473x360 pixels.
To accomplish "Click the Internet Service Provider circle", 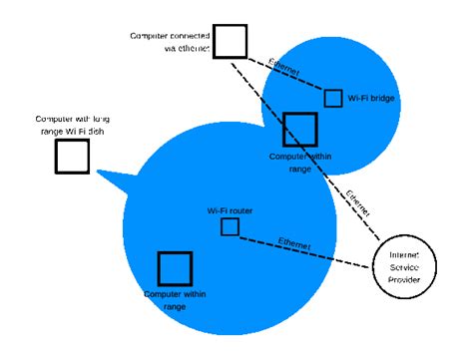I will pos(404,268).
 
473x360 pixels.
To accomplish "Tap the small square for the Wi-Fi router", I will pos(230,227).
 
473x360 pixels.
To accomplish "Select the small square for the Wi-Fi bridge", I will pos(333,98).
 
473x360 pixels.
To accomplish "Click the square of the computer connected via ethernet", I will pos(230,41).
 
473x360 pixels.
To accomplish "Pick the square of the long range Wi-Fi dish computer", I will pos(72,157).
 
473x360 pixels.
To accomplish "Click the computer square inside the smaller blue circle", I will pos(299,130).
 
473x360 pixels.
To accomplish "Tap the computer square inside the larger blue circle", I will pos(175,268).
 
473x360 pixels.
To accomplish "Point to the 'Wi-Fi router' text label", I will pos(230,210).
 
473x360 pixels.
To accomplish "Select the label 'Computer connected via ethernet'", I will pos(170,41).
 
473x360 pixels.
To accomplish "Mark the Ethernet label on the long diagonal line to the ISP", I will pos(357,201).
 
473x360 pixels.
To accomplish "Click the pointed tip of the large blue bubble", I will pos(98,175).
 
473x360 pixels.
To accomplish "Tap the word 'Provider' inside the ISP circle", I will pos(404,280).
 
